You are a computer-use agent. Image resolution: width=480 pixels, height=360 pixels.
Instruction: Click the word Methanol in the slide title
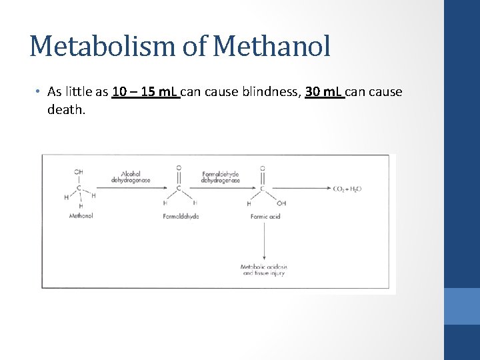coord(273,46)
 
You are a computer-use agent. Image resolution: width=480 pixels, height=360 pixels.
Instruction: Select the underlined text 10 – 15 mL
coord(145,92)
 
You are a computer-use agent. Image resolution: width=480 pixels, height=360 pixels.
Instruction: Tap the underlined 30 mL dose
coord(325,92)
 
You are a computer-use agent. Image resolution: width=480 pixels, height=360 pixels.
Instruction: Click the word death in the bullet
coord(65,109)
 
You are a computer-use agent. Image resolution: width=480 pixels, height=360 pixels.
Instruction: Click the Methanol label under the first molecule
coord(81,216)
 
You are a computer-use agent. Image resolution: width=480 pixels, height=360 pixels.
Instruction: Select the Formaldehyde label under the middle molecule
coord(181,216)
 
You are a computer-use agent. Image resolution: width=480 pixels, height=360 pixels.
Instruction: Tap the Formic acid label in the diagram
coord(265,216)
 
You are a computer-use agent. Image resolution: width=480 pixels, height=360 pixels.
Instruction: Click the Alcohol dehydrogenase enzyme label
coord(131,177)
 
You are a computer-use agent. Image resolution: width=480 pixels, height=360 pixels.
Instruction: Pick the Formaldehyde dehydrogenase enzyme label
coord(221,177)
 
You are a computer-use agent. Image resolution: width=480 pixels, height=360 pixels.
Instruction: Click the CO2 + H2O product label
coord(347,189)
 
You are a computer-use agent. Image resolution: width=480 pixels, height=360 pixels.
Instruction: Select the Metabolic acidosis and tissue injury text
coord(264,270)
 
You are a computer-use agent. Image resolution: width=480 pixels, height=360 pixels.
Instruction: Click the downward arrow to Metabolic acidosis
coord(265,240)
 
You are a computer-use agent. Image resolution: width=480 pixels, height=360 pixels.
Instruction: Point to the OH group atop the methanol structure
coord(79,171)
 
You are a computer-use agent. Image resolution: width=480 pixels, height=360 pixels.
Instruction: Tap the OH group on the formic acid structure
coord(281,203)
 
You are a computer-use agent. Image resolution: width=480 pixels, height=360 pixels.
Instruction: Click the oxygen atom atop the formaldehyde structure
coord(179,167)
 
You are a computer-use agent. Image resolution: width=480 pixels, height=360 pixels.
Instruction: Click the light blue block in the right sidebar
coord(461,306)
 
